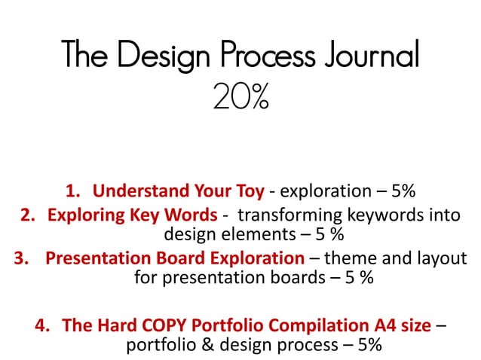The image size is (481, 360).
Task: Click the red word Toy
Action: coord(249,189)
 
